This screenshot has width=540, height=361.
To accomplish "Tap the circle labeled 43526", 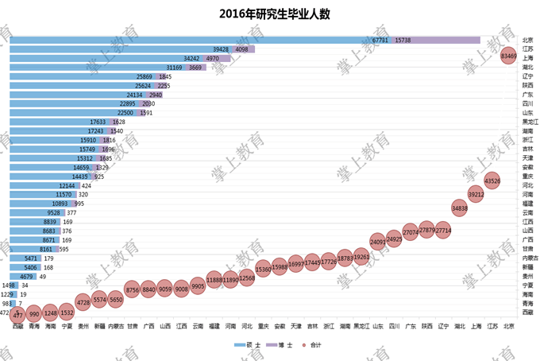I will [x=492, y=180].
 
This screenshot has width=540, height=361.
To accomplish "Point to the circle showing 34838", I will [x=459, y=208].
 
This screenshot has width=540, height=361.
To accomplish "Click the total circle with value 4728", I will [x=83, y=301].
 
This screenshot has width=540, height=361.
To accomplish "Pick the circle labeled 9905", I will [x=198, y=288].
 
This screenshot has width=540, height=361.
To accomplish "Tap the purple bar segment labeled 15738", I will [x=437, y=40].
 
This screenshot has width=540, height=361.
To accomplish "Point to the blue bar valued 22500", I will [x=71, y=113].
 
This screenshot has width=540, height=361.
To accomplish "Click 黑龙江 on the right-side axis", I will [x=530, y=122].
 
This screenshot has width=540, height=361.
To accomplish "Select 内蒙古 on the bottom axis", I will [x=116, y=325].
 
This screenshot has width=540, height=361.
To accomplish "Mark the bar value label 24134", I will [x=138, y=95].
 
